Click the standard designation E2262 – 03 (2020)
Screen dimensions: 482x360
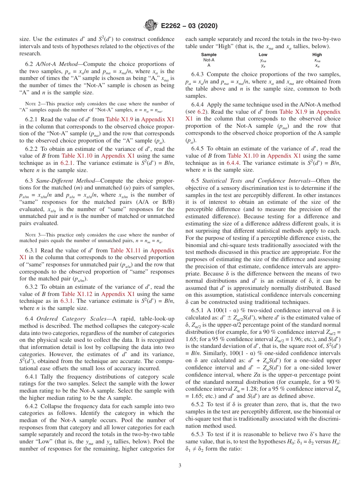click(x=189, y=26)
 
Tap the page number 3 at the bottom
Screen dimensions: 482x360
click(x=180, y=465)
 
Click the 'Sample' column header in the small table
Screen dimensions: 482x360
click(x=209, y=55)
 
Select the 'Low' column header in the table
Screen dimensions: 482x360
click(x=263, y=55)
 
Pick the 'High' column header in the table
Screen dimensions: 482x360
click(x=317, y=55)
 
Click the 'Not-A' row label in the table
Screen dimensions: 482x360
click(x=209, y=60)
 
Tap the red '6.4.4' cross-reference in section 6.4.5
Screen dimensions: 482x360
click(x=234, y=163)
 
